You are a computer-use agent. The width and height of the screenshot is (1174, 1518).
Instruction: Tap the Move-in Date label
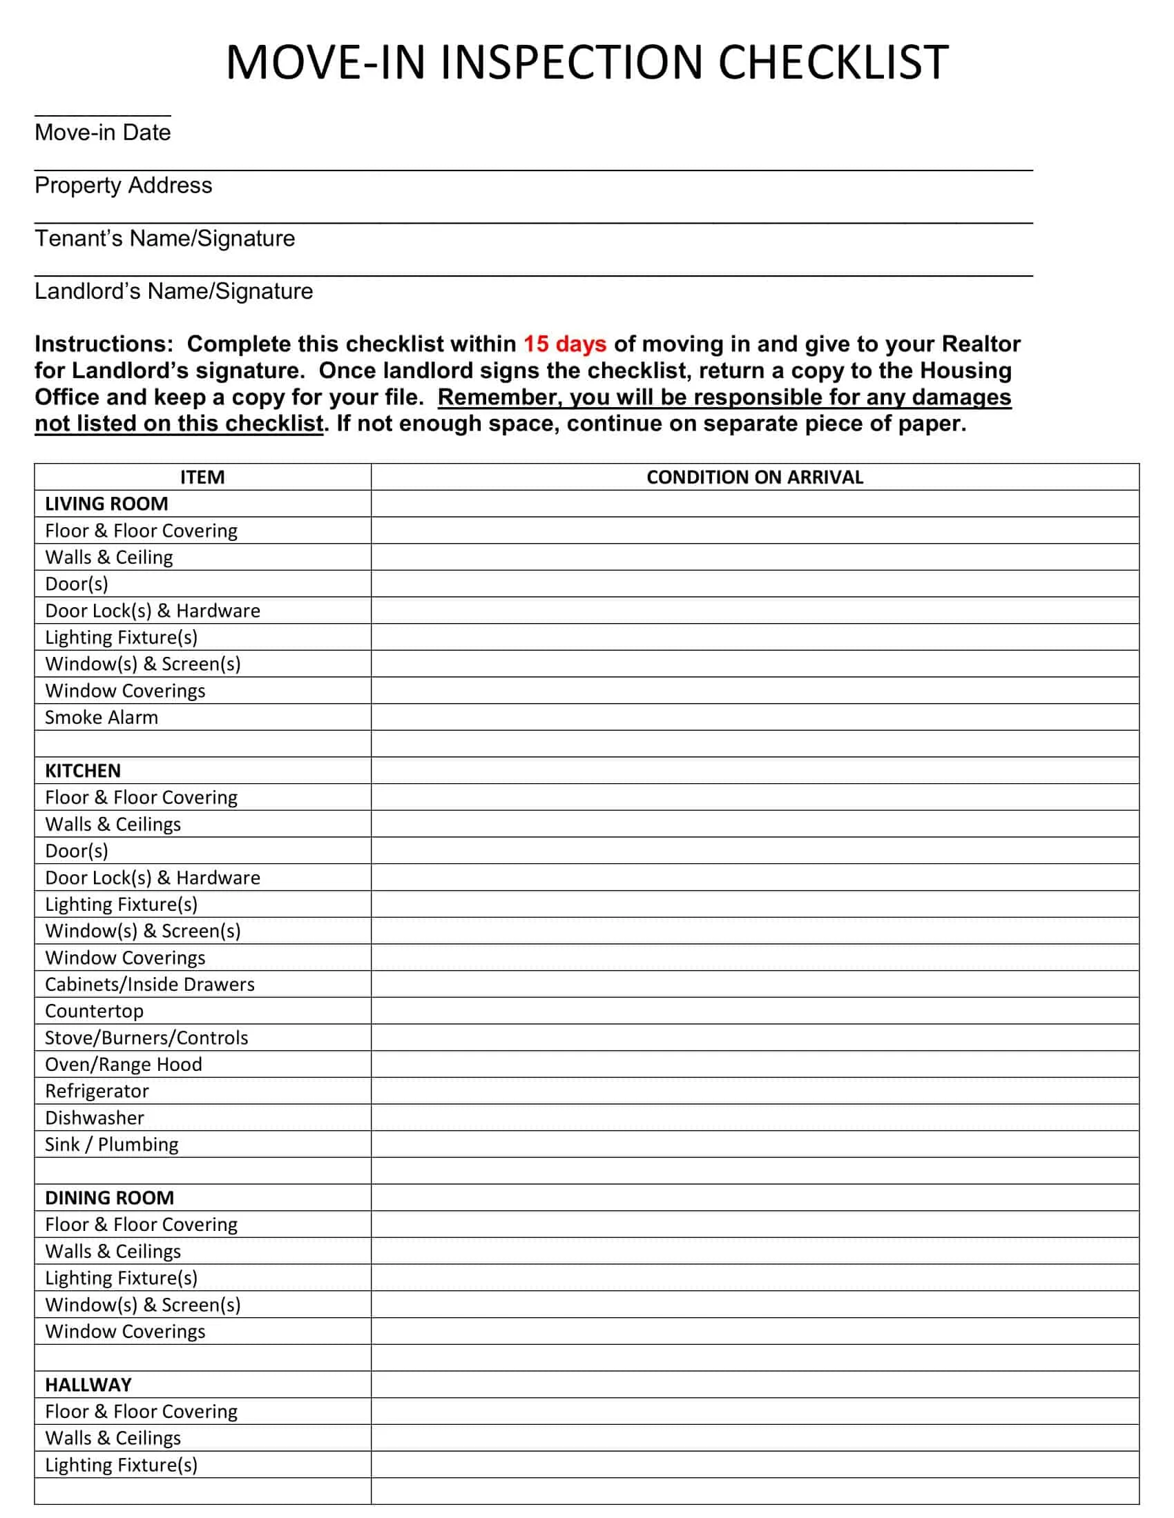click(102, 132)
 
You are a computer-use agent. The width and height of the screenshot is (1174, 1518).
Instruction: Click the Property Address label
click(123, 185)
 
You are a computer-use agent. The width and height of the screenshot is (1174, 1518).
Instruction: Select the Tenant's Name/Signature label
click(165, 238)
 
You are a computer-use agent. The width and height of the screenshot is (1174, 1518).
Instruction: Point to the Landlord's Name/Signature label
click(173, 290)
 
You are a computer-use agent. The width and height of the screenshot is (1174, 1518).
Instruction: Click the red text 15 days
click(564, 344)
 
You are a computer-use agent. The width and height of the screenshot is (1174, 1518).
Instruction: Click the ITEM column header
click(202, 477)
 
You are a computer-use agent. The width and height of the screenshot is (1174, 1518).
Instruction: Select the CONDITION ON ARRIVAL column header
click(754, 477)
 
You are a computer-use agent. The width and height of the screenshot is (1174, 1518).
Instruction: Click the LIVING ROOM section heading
click(106, 503)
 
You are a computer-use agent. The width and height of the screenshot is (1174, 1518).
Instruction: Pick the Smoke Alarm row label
click(102, 717)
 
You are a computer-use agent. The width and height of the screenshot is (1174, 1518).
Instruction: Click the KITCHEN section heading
click(83, 770)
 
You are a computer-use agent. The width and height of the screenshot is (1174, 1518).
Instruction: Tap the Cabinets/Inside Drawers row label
click(150, 983)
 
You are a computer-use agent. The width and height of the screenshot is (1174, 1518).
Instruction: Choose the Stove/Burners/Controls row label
click(146, 1037)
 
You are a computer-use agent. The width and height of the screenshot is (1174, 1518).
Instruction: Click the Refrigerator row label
click(97, 1090)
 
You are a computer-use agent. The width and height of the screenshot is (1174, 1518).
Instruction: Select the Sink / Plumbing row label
click(111, 1144)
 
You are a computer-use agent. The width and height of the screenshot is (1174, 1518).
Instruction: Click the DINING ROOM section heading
click(109, 1198)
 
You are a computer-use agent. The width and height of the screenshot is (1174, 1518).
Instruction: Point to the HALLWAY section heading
click(88, 1385)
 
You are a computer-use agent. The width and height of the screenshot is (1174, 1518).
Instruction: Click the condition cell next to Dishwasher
click(754, 1117)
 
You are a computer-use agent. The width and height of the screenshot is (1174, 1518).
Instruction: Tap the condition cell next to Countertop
click(754, 1011)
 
